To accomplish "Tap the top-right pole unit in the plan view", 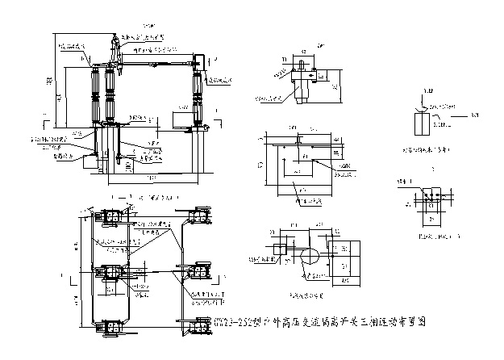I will tap(198, 216).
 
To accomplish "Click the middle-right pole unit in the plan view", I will tap(198, 272).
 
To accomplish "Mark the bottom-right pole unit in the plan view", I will tap(198, 327).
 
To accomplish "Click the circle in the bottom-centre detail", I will tap(309, 259).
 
